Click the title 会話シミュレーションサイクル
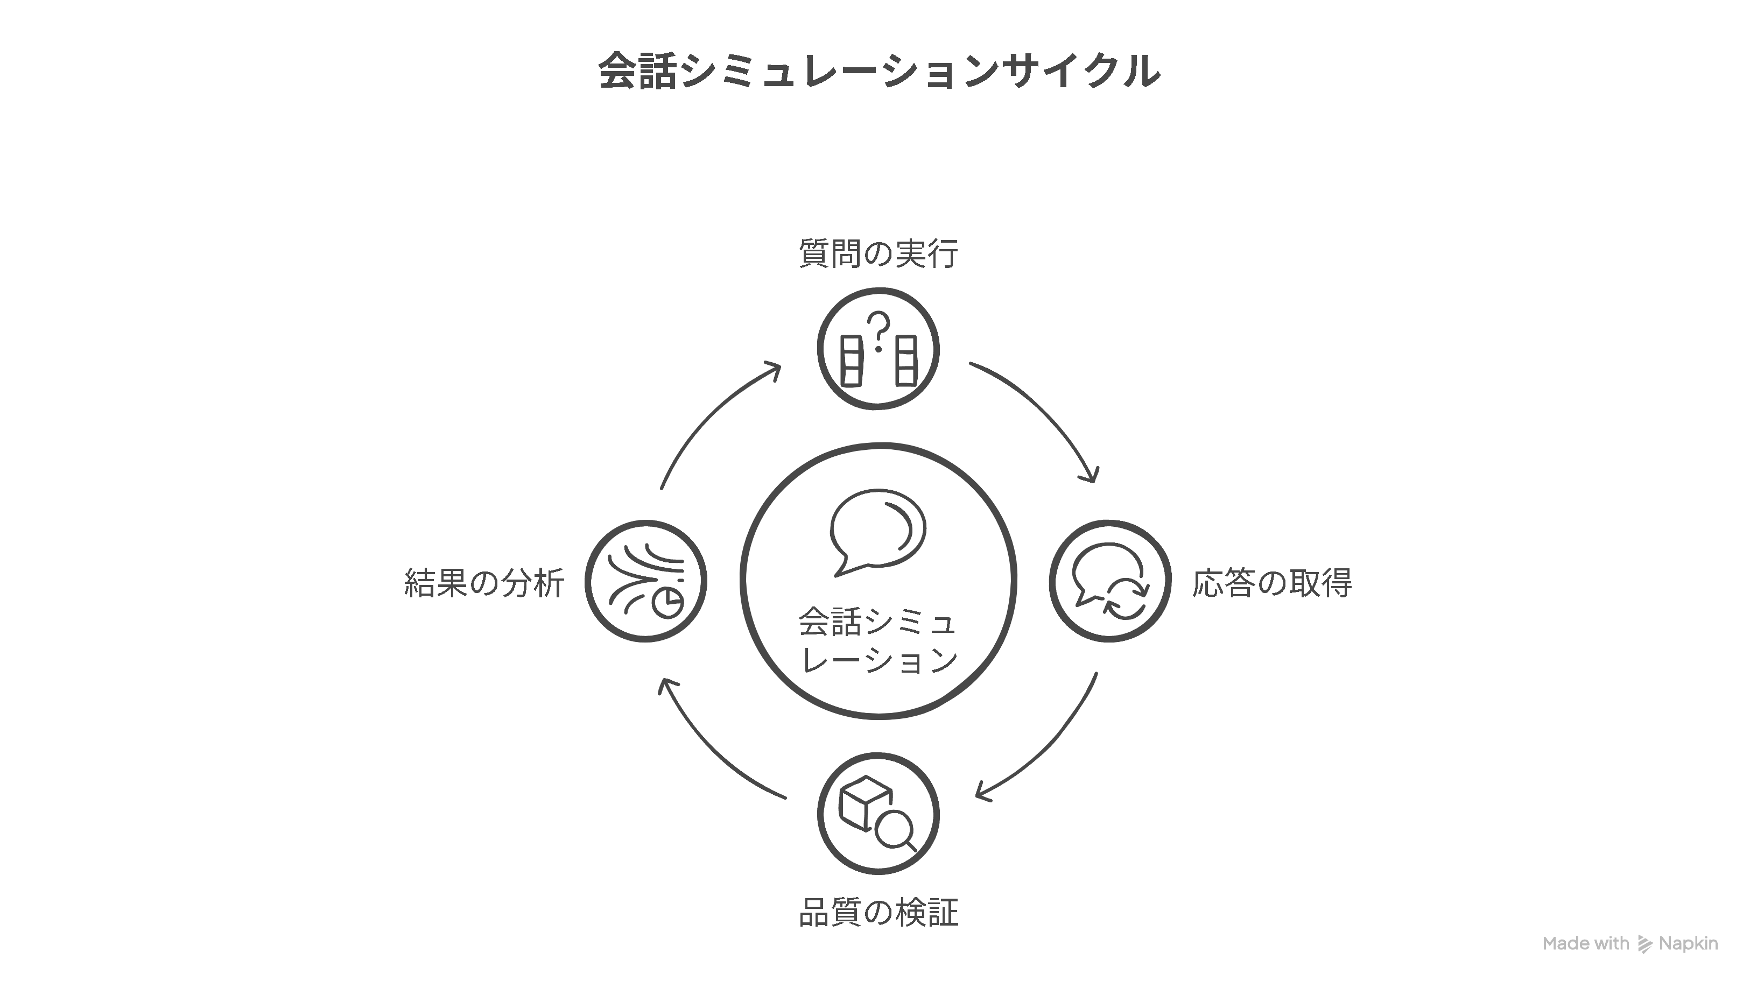click(x=878, y=71)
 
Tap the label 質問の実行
click(x=878, y=253)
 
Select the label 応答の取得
click(x=1272, y=583)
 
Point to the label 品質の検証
click(x=878, y=912)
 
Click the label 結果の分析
click(x=484, y=583)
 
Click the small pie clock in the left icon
click(x=669, y=602)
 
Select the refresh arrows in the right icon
click(x=1127, y=598)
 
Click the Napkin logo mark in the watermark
click(x=1645, y=944)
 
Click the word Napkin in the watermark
click(x=1688, y=944)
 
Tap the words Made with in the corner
click(x=1586, y=944)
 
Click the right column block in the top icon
click(x=906, y=362)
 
